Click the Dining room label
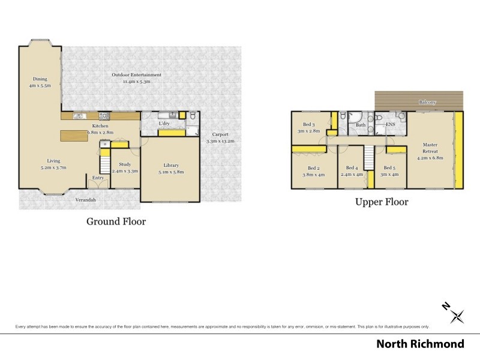pos(40,79)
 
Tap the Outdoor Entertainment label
pos(137,74)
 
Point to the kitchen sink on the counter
pos(77,115)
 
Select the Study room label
pos(125,164)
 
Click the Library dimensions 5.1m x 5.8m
pos(171,172)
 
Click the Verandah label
pos(85,200)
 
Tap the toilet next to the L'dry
pos(191,116)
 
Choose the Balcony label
pos(427,103)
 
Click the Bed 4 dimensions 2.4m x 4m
pos(352,175)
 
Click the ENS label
pos(390,125)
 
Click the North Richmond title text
pos(420,344)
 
